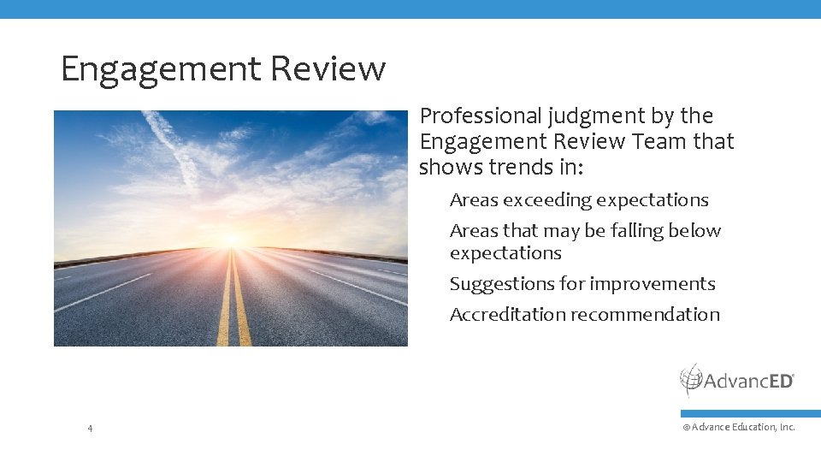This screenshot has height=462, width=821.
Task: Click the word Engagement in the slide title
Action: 159,68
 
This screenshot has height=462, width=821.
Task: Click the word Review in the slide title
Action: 328,68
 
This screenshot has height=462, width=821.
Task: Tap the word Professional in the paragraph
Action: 481,115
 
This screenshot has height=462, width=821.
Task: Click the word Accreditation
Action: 507,315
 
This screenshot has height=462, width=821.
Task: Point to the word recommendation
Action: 645,315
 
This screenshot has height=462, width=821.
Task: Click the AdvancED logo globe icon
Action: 690,379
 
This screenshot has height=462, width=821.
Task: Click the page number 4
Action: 90,427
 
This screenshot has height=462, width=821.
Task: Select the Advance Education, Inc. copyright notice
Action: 739,427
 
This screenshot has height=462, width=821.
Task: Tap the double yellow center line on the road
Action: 233,308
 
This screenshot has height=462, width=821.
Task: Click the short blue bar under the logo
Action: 751,413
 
